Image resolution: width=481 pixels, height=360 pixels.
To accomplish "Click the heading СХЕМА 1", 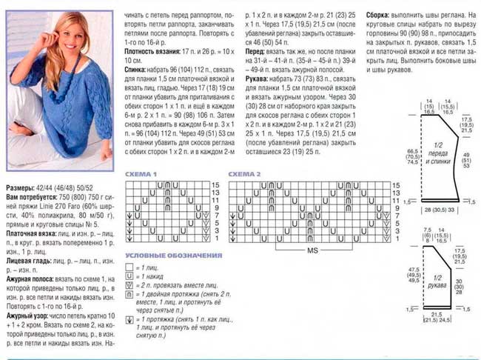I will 141,174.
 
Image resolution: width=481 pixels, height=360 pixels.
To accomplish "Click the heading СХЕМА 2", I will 244,174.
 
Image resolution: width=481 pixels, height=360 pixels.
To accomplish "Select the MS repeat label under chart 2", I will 313,250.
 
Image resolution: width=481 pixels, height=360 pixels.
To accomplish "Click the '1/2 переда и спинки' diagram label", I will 441,152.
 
